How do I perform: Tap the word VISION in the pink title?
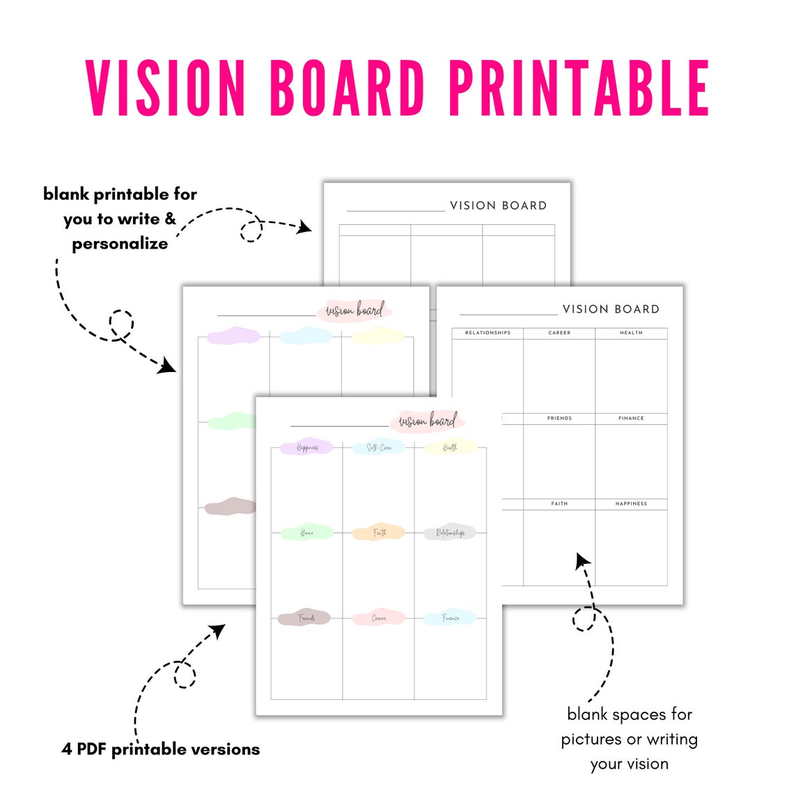166,88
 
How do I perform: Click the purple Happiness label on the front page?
306,448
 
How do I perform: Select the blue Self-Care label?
379,448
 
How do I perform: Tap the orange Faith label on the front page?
379,533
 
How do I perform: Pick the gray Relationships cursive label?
450,533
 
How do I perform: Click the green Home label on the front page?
306,533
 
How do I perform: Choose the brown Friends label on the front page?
305,618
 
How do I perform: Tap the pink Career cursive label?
379,618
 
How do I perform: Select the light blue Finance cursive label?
450,618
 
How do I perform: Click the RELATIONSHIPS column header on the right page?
488,333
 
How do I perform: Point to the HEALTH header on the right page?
631,333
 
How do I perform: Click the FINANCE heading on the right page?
631,418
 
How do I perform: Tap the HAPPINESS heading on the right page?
631,504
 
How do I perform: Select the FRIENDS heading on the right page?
559,418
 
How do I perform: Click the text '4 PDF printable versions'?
161,749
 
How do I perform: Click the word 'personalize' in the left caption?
120,244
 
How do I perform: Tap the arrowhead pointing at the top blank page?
304,226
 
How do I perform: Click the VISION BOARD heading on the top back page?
498,205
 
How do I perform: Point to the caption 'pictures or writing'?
629,739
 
